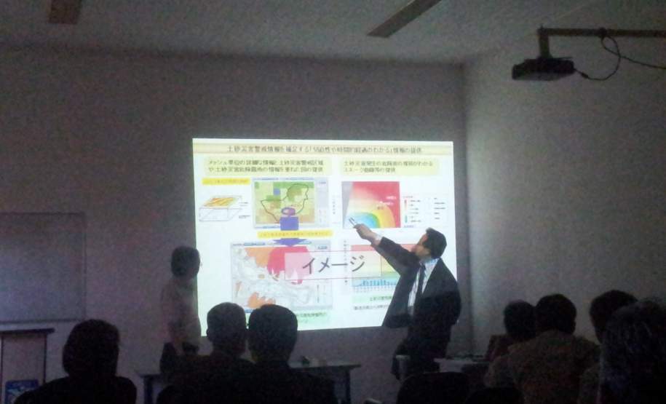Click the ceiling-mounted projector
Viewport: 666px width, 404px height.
tap(543, 68)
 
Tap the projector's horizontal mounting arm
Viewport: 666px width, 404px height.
tap(604, 32)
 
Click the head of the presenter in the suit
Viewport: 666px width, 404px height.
tap(434, 242)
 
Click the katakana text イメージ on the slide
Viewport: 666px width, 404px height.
tap(334, 264)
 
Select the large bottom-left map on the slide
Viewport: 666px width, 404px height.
tap(269, 273)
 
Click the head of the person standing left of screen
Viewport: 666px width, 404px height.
tap(185, 261)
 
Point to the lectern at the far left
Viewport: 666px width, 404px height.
tap(25, 360)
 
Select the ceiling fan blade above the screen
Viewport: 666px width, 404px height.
tap(404, 16)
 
